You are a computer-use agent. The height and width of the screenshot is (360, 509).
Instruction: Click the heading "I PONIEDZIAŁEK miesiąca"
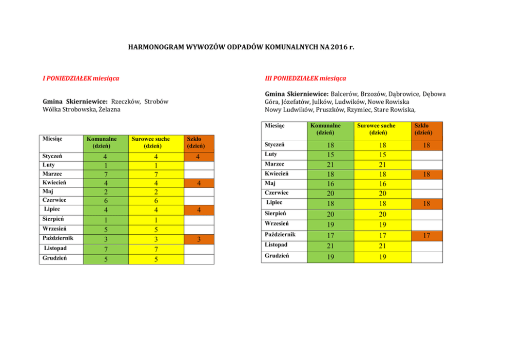(x=81, y=79)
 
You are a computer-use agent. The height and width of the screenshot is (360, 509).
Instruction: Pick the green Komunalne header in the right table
(x=326, y=129)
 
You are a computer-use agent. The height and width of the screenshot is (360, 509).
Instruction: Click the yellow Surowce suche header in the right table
(x=376, y=129)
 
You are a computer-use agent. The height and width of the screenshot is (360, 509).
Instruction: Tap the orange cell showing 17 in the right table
(x=426, y=236)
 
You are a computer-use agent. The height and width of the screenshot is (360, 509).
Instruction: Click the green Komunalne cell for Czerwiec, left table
(x=105, y=200)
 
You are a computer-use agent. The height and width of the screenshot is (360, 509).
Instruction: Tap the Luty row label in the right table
(x=271, y=154)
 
